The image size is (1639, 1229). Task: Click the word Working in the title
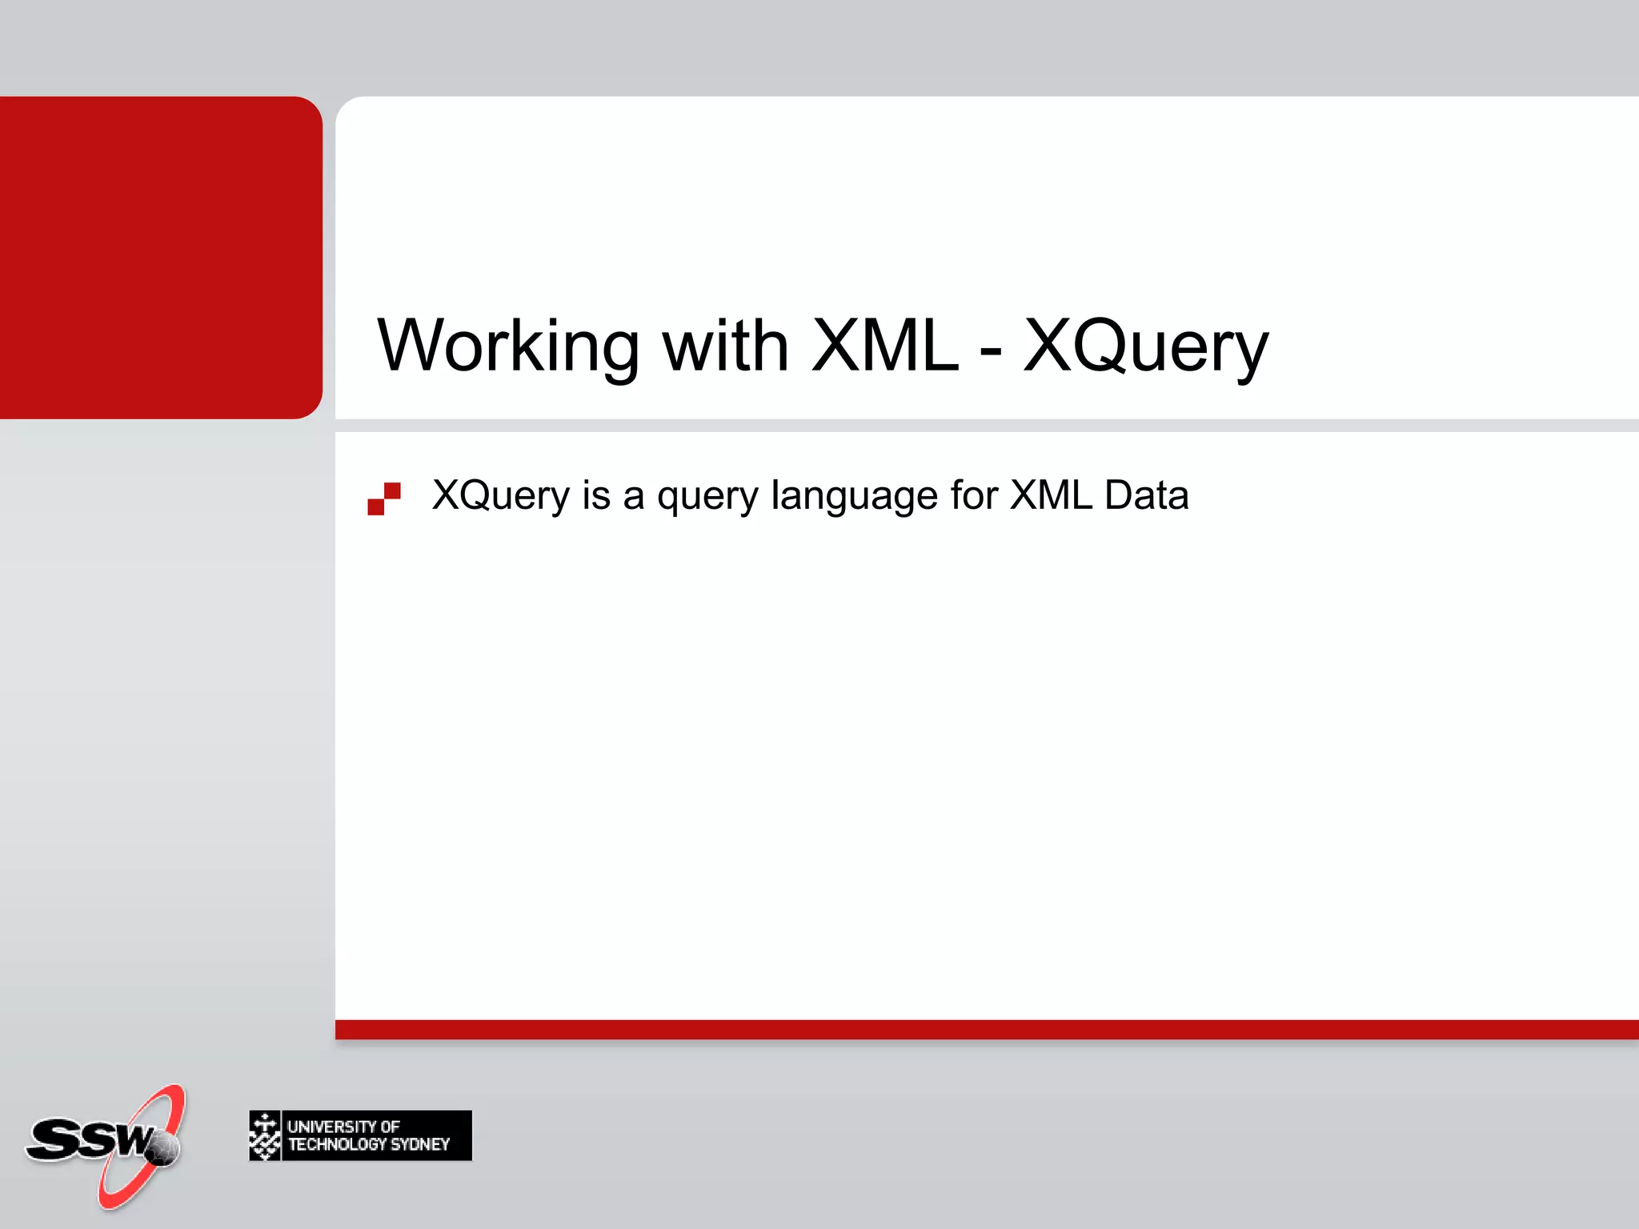click(508, 346)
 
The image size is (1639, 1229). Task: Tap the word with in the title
click(725, 346)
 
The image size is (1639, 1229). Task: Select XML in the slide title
click(884, 346)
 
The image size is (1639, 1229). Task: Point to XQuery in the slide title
click(1146, 346)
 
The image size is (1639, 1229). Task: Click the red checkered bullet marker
click(384, 498)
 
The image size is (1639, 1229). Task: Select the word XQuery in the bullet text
click(500, 495)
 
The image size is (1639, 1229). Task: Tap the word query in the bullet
click(707, 495)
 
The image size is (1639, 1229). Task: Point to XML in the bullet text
click(1051, 495)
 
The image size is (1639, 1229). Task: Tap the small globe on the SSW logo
click(163, 1149)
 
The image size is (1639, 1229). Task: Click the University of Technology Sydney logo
click(360, 1135)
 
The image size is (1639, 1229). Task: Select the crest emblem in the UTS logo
click(265, 1135)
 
